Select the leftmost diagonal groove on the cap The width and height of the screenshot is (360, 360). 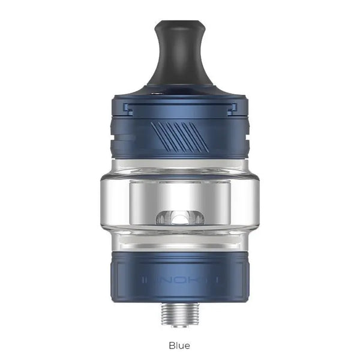point(158,130)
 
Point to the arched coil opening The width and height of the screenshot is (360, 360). point(179,217)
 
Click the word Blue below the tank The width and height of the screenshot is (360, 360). point(179,345)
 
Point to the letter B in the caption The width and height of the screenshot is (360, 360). point(172,345)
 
